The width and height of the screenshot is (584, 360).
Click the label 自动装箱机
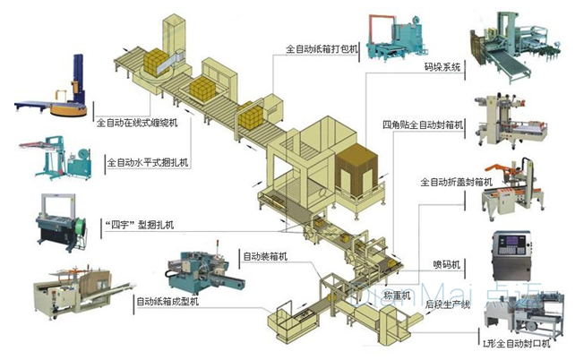(x=264, y=257)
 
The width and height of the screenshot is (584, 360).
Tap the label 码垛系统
(x=442, y=66)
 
